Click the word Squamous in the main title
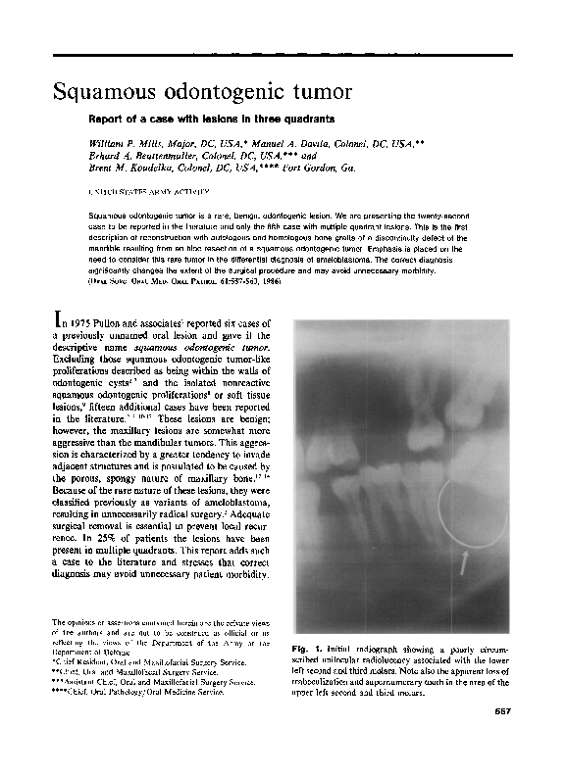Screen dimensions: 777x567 [x=104, y=93]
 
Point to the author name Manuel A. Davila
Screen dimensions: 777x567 [x=269, y=145]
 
